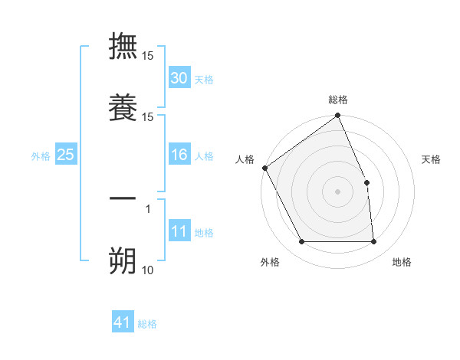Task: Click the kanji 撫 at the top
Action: pos(123,46)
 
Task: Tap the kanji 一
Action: pos(123,198)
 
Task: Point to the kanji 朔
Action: pos(123,260)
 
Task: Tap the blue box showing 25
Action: pos(66,155)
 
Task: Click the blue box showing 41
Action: pos(123,323)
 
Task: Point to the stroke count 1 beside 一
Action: pos(148,208)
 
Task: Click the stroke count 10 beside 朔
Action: pos(147,270)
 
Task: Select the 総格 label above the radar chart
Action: pos(338,100)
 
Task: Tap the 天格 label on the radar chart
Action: pos(432,159)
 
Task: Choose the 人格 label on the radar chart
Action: pos(245,159)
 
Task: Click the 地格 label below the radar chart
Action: pos(402,262)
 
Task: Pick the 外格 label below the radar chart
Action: pos(270,262)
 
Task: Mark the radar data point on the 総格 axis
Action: pos(338,116)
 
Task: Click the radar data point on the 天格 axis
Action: pos(366,182)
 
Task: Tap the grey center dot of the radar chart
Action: pos(338,191)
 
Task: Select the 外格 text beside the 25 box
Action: pos(41,156)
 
